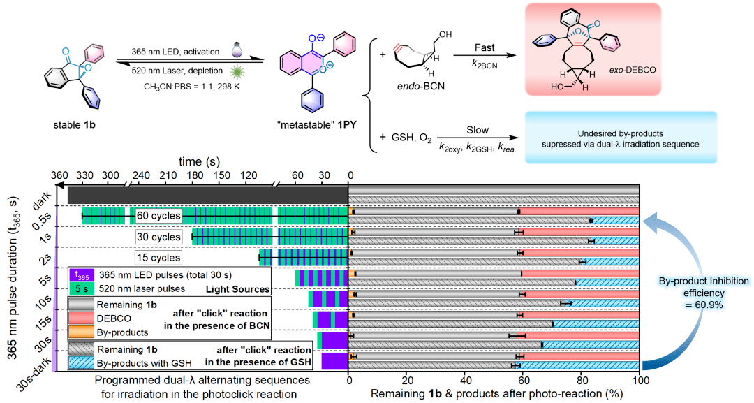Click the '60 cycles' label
click(158, 216)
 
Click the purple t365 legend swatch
click(82, 277)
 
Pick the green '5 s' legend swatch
click(82, 288)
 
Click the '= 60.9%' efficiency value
click(703, 305)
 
